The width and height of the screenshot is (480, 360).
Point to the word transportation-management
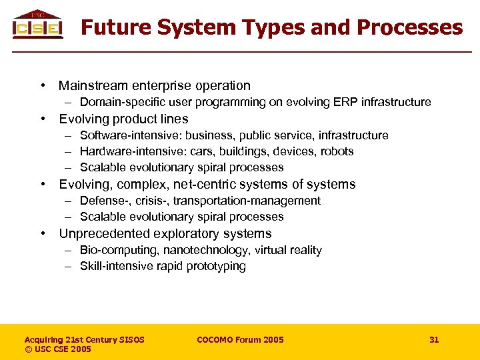pyautogui.click(x=247, y=201)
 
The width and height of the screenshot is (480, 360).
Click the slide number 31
pyautogui.click(x=434, y=340)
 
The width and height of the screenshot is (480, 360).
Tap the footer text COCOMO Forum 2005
pyautogui.click(x=240, y=340)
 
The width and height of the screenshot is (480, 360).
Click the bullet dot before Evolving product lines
pyautogui.click(x=42, y=119)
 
